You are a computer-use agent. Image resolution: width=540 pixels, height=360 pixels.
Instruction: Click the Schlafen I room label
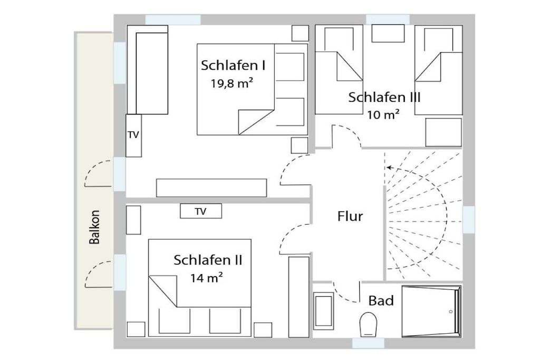click(233, 65)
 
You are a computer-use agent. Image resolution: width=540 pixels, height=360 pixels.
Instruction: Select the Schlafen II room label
click(208, 260)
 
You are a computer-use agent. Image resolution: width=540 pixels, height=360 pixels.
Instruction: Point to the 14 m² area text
click(207, 277)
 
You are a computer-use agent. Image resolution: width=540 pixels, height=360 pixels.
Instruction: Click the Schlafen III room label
click(384, 97)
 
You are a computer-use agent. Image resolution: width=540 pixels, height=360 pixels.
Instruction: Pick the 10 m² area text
click(383, 114)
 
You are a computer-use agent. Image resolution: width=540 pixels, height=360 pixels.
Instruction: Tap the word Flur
click(350, 216)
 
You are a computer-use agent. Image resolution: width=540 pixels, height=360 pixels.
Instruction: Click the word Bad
click(381, 300)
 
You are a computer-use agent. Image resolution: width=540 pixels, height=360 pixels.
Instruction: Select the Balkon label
click(94, 227)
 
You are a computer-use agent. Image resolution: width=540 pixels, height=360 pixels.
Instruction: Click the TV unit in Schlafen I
click(133, 135)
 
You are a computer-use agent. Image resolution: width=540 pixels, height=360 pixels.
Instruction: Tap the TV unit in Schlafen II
click(201, 211)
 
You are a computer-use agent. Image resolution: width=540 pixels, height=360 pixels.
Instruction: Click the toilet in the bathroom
click(368, 324)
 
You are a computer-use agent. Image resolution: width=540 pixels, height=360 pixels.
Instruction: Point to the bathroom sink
click(323, 311)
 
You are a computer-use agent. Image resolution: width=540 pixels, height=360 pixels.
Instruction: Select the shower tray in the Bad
click(431, 311)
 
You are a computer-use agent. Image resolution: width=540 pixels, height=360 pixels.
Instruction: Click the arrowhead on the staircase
click(389, 168)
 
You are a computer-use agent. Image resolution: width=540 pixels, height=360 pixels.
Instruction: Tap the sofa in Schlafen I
click(148, 70)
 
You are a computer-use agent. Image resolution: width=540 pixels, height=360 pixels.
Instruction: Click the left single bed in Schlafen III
click(339, 70)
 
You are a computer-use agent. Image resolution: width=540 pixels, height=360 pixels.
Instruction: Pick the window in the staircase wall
click(469, 219)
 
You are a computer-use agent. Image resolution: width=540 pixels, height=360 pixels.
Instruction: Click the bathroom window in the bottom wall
click(368, 343)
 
